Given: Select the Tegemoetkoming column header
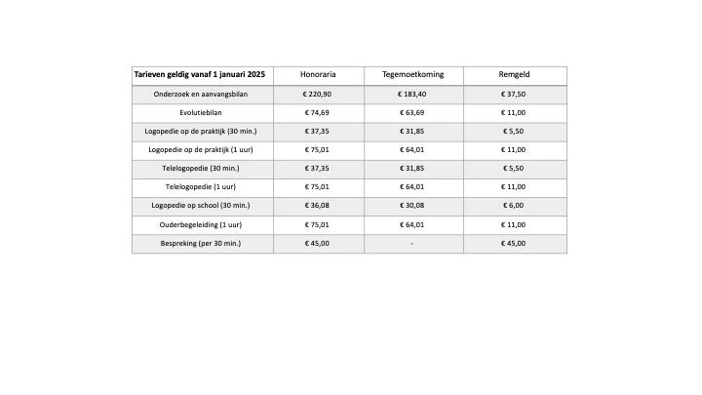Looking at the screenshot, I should pyautogui.click(x=412, y=75).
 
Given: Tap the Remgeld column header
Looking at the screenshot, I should pyautogui.click(x=514, y=75).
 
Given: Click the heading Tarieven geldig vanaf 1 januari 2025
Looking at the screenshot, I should pyautogui.click(x=202, y=75).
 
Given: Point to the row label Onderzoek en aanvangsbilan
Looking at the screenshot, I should pyautogui.click(x=202, y=95).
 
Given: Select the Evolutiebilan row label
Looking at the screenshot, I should pyautogui.click(x=202, y=113).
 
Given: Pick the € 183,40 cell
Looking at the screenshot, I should pyautogui.click(x=412, y=95).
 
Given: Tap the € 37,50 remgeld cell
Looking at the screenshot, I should pyautogui.click(x=514, y=95).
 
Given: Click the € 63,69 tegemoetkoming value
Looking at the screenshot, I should pyautogui.click(x=412, y=113).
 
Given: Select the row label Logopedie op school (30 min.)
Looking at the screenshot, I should pyautogui.click(x=202, y=206).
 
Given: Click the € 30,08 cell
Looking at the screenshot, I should pyautogui.click(x=412, y=206).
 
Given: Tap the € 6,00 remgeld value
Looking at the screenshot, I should pyautogui.click(x=514, y=206).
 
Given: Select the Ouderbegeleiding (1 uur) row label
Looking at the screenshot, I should pyautogui.click(x=202, y=224).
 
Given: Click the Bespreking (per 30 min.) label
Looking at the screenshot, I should pyautogui.click(x=202, y=243).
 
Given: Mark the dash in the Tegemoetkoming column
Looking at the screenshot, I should pyautogui.click(x=412, y=243).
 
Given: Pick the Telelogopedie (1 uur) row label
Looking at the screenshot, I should pyautogui.click(x=202, y=187).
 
